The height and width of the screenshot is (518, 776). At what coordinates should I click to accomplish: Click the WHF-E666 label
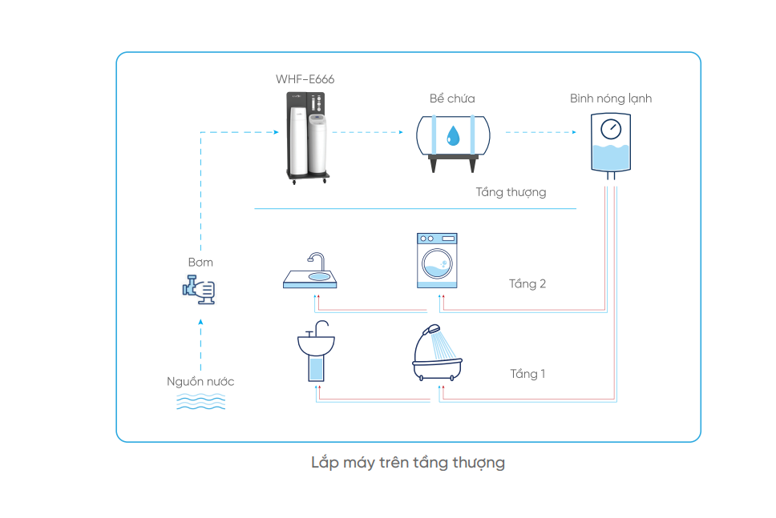(x=305, y=79)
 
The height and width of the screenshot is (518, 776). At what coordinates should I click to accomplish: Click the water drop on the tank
(x=453, y=135)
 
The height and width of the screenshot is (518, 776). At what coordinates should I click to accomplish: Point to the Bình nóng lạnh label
(x=611, y=98)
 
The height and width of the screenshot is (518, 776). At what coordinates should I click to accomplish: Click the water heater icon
(x=611, y=144)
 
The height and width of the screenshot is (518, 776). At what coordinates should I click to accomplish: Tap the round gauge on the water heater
(x=611, y=127)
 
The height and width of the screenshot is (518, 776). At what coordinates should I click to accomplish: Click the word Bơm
(x=200, y=262)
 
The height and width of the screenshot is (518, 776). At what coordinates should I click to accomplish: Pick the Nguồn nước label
(x=200, y=381)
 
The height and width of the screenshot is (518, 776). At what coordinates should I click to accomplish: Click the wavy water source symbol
(x=200, y=401)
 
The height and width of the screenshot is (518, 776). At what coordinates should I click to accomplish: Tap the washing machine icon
(x=437, y=260)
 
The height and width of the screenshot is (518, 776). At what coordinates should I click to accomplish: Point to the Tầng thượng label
(x=511, y=192)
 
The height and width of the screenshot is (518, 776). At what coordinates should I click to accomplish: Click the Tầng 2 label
(x=527, y=283)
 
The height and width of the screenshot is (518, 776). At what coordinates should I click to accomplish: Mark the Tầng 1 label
(x=527, y=374)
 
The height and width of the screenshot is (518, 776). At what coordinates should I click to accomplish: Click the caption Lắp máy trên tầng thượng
(x=408, y=463)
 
